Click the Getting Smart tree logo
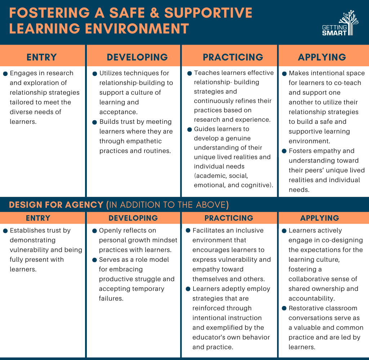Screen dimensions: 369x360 pos(340,23)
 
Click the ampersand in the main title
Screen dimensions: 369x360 pos(154,13)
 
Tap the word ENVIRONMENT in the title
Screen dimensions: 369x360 pos(137,29)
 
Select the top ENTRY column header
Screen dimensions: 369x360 pos(42,57)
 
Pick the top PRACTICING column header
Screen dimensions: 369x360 pos(233,57)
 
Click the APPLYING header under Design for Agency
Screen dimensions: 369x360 pos(320,218)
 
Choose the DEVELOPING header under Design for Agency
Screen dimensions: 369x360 pos(133,218)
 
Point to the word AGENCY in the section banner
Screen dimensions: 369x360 pos(84,205)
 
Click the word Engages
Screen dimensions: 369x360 pos(23,73)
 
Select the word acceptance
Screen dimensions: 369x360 pos(118,112)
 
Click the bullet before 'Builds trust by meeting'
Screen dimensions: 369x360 pos(95,122)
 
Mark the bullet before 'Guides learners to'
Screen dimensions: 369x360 pos(190,130)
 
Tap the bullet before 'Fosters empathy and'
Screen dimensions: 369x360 pos(284,151)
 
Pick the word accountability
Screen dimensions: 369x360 pos(312,299)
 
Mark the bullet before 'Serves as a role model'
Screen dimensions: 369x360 pos(95,260)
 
